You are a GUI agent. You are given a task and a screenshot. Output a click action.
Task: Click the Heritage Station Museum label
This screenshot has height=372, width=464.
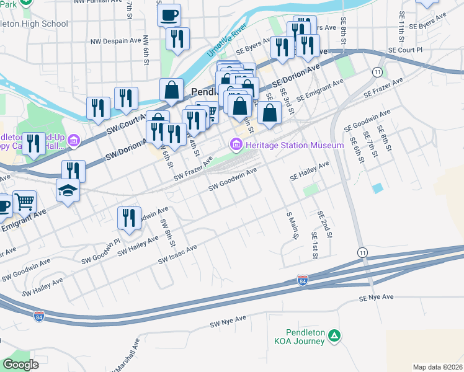coord(293,145)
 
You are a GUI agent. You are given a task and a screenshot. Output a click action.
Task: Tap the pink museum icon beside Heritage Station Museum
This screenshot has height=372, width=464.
coord(236,145)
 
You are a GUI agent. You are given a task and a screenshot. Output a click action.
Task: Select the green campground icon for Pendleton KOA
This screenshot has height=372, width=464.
coord(334,335)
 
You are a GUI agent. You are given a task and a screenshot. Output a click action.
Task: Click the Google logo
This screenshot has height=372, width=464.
coord(21,364)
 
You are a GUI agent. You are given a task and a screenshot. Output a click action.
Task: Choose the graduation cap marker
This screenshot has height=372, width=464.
coord(68,190)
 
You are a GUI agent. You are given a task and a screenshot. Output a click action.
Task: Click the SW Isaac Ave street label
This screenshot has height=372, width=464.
coord(177,255)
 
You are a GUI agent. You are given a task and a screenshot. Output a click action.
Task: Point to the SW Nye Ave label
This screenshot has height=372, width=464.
coord(228,321)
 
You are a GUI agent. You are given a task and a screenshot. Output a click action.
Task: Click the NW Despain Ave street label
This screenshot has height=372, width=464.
coord(117,42)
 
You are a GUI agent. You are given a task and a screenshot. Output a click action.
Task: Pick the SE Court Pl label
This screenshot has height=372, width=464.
coord(404,50)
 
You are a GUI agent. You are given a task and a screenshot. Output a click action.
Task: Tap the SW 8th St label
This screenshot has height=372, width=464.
coord(166,232)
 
